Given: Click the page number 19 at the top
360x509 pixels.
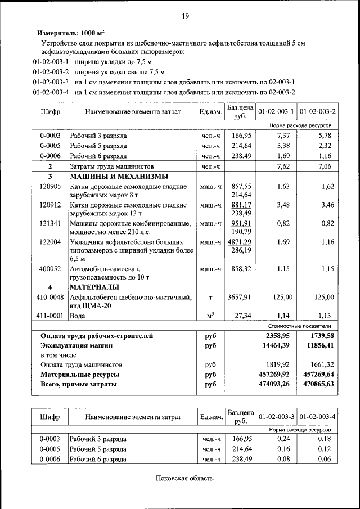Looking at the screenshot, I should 184,16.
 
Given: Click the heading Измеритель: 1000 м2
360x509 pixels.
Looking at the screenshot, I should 71,33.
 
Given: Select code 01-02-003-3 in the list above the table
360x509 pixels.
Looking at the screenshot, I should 51,82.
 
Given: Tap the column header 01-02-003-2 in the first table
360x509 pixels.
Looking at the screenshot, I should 317,111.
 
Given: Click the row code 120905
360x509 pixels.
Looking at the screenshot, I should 50,186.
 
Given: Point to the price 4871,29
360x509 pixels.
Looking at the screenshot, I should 240,242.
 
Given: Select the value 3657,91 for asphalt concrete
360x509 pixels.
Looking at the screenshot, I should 240,297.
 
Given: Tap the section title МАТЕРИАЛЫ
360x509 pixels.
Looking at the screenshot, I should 92,287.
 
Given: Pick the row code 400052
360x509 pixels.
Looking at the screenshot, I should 50,269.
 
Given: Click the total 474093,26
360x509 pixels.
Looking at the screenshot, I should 273,384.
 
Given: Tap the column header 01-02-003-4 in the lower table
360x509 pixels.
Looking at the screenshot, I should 317,417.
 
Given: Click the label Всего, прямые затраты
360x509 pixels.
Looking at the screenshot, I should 79,384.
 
